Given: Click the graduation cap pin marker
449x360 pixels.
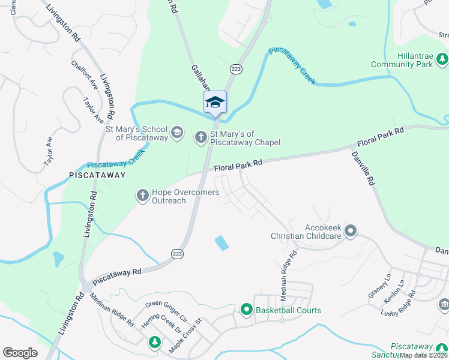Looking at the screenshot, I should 215,103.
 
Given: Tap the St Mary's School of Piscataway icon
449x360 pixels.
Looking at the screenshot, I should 176,133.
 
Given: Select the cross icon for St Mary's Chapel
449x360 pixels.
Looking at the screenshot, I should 200,137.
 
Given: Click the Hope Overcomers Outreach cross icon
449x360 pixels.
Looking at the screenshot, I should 142,196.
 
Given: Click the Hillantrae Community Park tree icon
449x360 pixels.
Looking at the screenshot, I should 442,59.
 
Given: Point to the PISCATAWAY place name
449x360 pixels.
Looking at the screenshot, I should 97,176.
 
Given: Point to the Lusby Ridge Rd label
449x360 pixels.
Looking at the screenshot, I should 399,304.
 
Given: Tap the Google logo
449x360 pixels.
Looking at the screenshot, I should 20,353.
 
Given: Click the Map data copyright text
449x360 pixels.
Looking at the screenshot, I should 424,355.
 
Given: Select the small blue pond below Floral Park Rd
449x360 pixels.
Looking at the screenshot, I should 221,243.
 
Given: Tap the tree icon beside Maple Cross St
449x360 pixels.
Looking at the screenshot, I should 155,342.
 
